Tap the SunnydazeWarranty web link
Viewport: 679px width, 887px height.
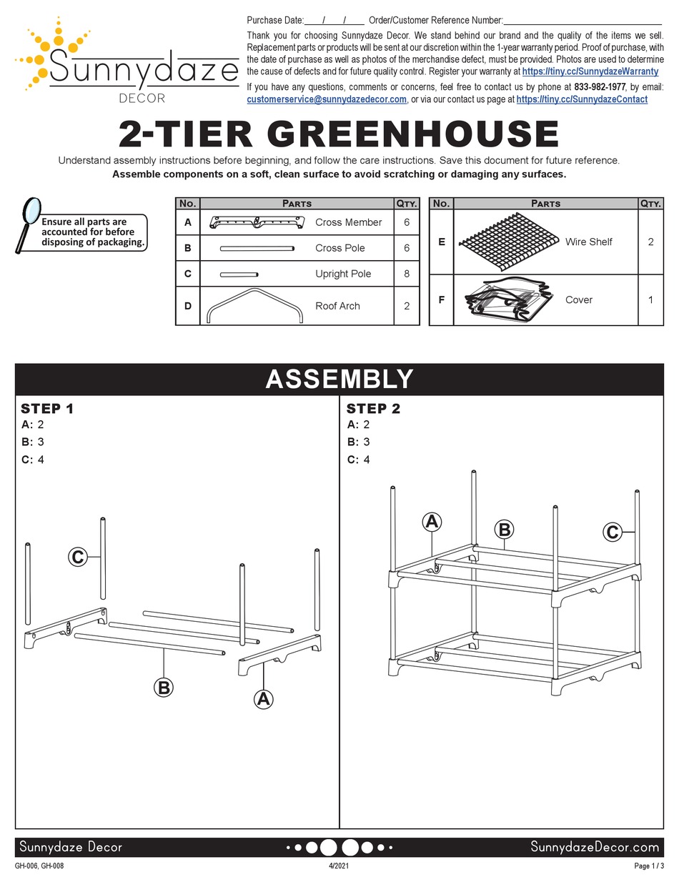pyautogui.click(x=590, y=71)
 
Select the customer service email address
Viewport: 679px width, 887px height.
pyautogui.click(x=327, y=100)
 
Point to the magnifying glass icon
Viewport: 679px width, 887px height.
pyautogui.click(x=29, y=222)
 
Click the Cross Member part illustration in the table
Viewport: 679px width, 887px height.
pyautogui.click(x=257, y=223)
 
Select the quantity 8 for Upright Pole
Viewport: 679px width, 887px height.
pyautogui.click(x=406, y=274)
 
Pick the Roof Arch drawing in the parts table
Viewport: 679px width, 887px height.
pyautogui.click(x=254, y=306)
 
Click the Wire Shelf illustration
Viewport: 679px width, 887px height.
pyautogui.click(x=507, y=242)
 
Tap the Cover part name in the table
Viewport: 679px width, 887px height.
pyautogui.click(x=578, y=300)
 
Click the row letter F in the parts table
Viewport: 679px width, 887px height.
pyautogui.click(x=441, y=300)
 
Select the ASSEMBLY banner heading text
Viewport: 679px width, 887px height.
pyautogui.click(x=339, y=379)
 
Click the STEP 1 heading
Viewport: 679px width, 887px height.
pyautogui.click(x=47, y=409)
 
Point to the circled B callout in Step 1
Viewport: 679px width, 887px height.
pyautogui.click(x=164, y=688)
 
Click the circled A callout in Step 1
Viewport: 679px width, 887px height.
pyautogui.click(x=264, y=698)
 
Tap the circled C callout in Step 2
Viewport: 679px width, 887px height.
pyautogui.click(x=612, y=532)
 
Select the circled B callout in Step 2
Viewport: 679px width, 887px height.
pyautogui.click(x=504, y=530)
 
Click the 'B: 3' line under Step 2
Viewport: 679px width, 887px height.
pyautogui.click(x=358, y=442)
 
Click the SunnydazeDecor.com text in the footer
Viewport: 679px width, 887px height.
pyautogui.click(x=595, y=847)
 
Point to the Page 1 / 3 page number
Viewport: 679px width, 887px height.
pyautogui.click(x=648, y=866)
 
